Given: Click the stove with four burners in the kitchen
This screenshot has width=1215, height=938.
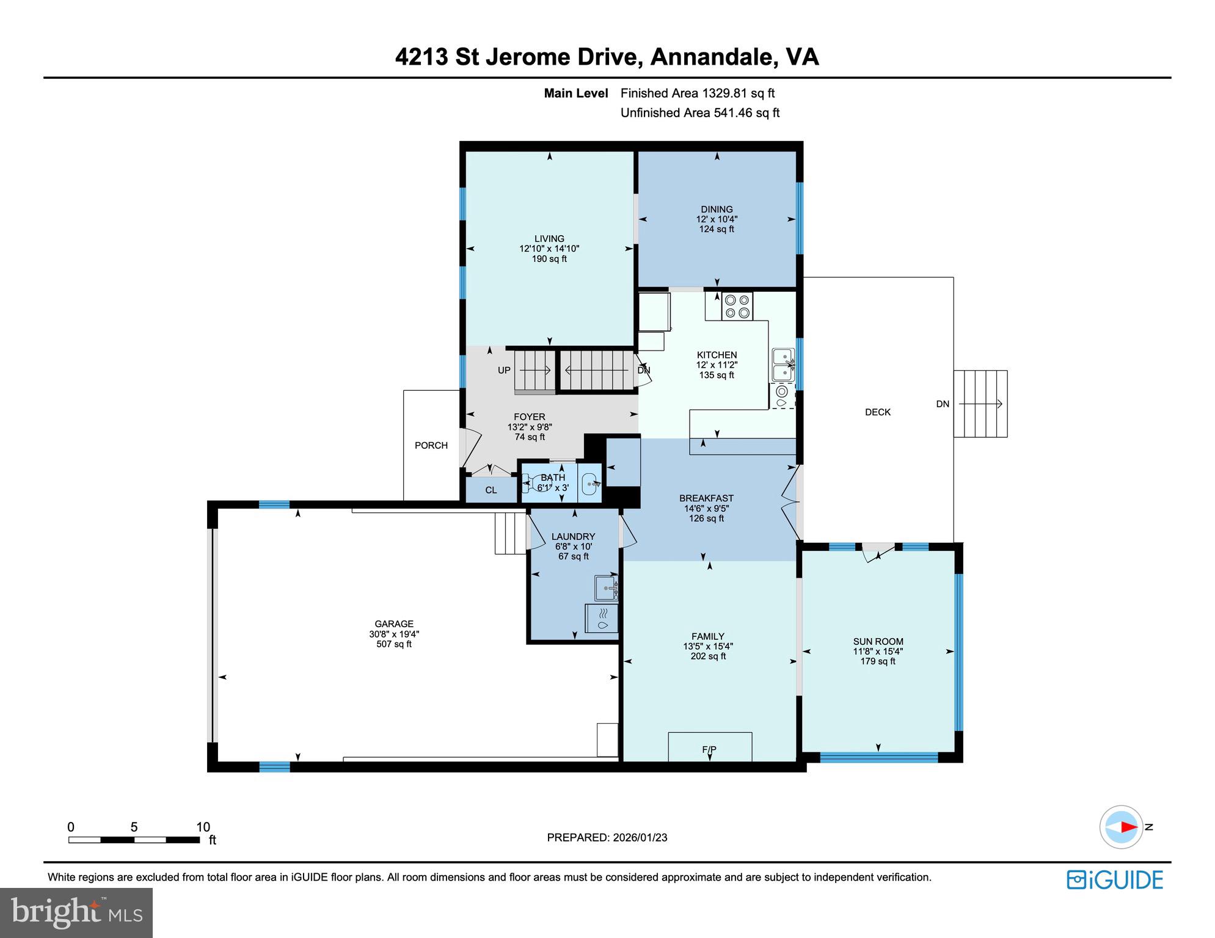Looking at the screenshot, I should tap(737, 306).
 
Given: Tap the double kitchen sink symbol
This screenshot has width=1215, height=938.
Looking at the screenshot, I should tap(783, 365).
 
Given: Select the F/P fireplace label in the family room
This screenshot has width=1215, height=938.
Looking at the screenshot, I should tap(709, 749).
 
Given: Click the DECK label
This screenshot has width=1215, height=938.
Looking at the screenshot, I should tap(877, 412).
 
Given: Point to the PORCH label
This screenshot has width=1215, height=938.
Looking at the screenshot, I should tap(431, 445).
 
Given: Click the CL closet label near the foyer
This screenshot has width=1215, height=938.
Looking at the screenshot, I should tap(491, 490).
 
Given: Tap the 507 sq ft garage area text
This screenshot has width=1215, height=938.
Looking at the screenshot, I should tap(394, 644).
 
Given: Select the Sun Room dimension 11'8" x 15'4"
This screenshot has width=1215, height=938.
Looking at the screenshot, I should tap(878, 651).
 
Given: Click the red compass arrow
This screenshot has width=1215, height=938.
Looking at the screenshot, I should tap(1128, 827).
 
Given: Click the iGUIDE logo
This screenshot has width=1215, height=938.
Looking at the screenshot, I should tap(1115, 879).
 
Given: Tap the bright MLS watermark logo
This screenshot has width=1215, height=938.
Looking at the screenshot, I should tap(76, 912).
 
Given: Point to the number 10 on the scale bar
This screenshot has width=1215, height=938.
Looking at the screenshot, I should tap(203, 827).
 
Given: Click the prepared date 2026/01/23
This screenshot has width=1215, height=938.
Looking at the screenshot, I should tap(640, 837).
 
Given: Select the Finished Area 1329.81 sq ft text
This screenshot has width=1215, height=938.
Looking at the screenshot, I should tap(697, 93).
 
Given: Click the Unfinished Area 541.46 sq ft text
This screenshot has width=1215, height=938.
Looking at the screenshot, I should tap(699, 113).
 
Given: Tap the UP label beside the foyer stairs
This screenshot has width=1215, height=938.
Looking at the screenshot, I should tap(504, 370).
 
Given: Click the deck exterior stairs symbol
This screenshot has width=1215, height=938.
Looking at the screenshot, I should tap(980, 404).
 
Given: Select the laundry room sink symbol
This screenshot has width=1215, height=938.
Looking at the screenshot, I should tap(607, 588).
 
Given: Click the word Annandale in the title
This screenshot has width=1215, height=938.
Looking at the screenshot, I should tap(712, 57).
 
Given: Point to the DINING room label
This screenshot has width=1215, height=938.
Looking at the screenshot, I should tap(717, 209).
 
